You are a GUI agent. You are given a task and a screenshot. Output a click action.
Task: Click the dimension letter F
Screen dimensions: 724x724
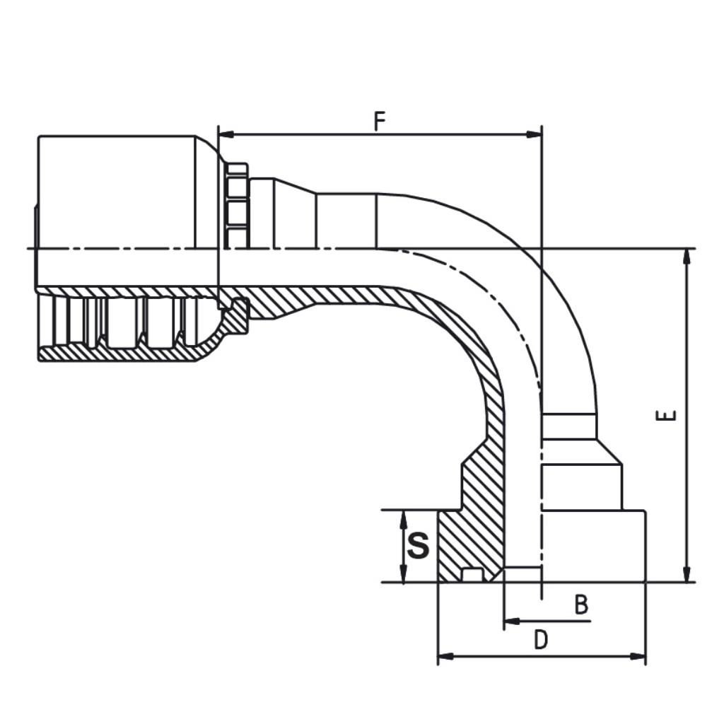point(379,121)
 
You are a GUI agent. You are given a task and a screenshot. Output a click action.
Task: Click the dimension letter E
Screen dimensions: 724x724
point(666,415)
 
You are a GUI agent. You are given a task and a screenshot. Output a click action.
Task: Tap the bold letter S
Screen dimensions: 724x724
point(419,545)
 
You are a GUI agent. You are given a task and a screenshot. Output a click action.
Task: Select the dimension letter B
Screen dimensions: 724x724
point(581,605)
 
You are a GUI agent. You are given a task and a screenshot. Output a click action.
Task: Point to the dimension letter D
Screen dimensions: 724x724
point(540,640)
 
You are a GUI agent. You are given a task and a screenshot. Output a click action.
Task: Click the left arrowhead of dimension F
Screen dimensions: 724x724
point(226,134)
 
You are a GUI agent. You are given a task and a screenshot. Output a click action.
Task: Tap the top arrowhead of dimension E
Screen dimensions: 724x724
point(687,256)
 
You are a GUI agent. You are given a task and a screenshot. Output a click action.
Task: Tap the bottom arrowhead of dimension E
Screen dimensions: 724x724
point(687,574)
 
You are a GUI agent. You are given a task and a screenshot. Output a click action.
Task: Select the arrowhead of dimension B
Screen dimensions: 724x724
point(512,621)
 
